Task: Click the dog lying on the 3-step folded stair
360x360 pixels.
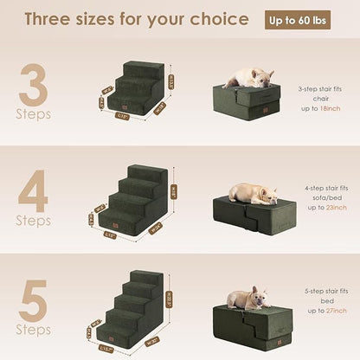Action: (249, 78)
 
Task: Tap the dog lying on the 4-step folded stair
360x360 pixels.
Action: (254, 191)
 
